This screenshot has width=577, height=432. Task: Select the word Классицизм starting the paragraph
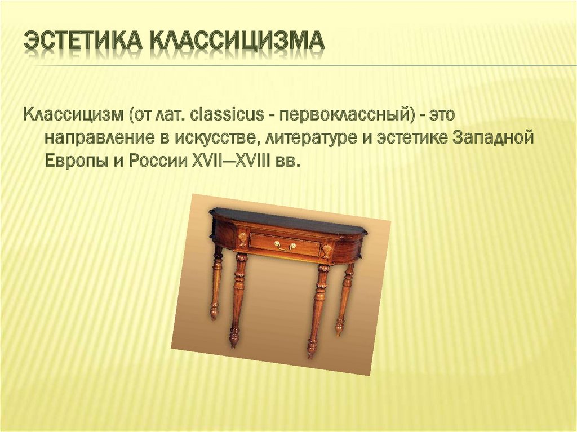click(73, 115)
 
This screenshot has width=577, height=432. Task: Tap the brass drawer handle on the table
click(285, 245)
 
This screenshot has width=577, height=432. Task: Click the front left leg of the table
click(237, 299)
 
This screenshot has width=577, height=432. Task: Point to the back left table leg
click(216, 284)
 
